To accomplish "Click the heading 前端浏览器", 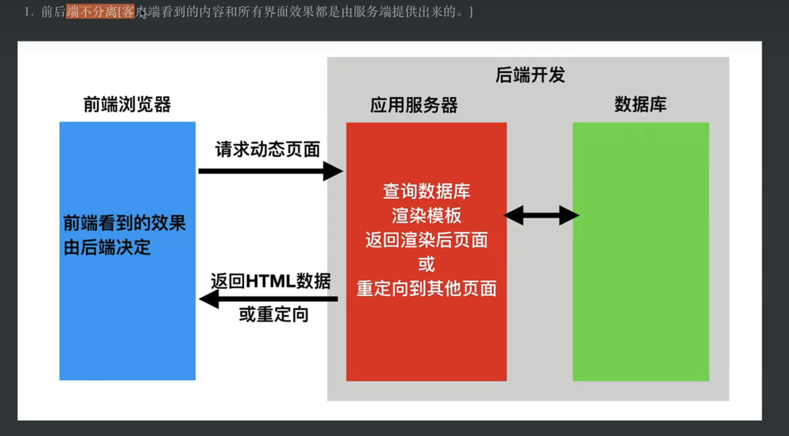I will [127, 105].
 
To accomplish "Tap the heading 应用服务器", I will [414, 105].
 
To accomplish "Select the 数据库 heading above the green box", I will [640, 104].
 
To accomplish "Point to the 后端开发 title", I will [530, 75].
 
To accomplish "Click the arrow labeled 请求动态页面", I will [270, 171].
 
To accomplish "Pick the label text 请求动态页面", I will [268, 150].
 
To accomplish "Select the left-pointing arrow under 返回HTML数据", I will [268, 299].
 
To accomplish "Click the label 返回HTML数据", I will [271, 281].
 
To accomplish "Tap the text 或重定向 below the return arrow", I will [274, 315].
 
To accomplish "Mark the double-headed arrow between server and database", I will [541, 215].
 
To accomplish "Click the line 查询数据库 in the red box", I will [427, 192].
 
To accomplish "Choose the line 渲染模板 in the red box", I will [427, 216].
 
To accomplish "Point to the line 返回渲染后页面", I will [427, 240].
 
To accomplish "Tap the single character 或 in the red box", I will [427, 264].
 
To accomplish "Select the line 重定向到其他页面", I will [427, 289].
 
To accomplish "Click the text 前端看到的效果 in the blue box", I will [125, 223].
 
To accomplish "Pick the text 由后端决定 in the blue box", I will [107, 248].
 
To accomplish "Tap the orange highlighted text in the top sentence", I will [100, 12].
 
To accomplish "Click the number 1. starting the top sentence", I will [29, 12].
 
